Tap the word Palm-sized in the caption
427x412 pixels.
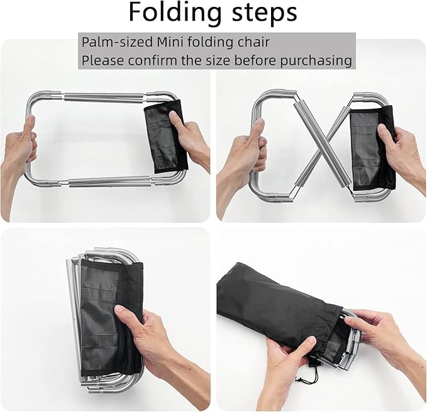tap(112, 43)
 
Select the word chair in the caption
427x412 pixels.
tap(252, 43)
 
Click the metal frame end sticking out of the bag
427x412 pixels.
tap(350, 342)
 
